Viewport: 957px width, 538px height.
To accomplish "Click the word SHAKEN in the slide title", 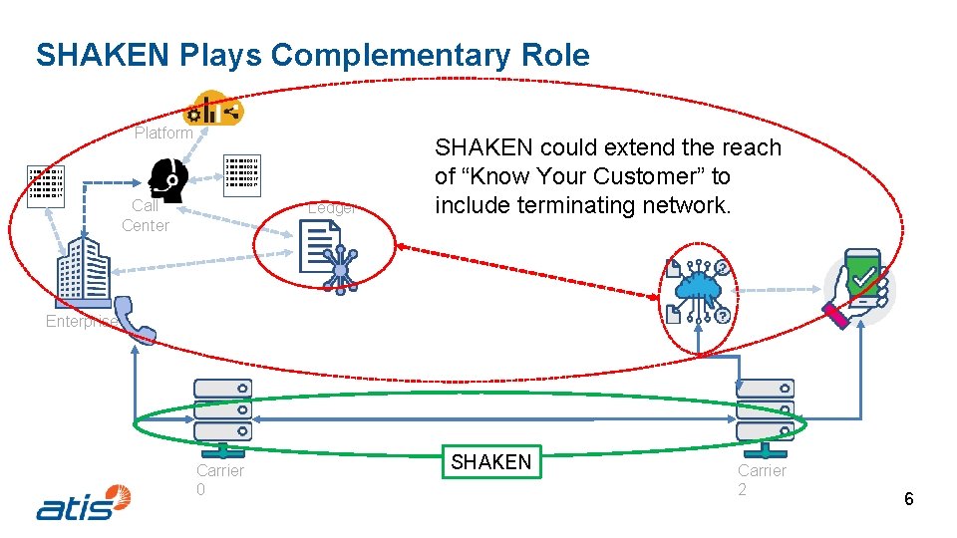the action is (x=104, y=55).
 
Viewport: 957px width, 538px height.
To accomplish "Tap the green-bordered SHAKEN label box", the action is (x=491, y=462).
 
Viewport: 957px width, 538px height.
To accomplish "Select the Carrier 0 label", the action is (x=219, y=479).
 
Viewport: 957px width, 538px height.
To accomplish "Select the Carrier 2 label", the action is (x=762, y=479).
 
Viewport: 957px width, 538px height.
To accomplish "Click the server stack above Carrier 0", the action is (x=222, y=409).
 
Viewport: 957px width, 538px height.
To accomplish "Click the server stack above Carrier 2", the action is (x=765, y=409).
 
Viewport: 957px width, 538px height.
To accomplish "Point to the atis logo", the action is (x=84, y=502).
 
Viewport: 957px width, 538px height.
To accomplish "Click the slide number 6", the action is (x=908, y=499).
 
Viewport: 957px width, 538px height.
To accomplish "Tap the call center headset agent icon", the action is (x=167, y=180).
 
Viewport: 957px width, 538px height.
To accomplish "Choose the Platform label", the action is (x=163, y=133).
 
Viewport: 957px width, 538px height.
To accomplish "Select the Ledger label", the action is (x=332, y=208).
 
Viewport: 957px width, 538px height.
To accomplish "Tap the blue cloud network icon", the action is (x=698, y=290).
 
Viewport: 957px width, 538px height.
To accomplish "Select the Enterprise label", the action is (x=80, y=321).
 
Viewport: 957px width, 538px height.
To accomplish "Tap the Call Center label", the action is (x=146, y=215).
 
